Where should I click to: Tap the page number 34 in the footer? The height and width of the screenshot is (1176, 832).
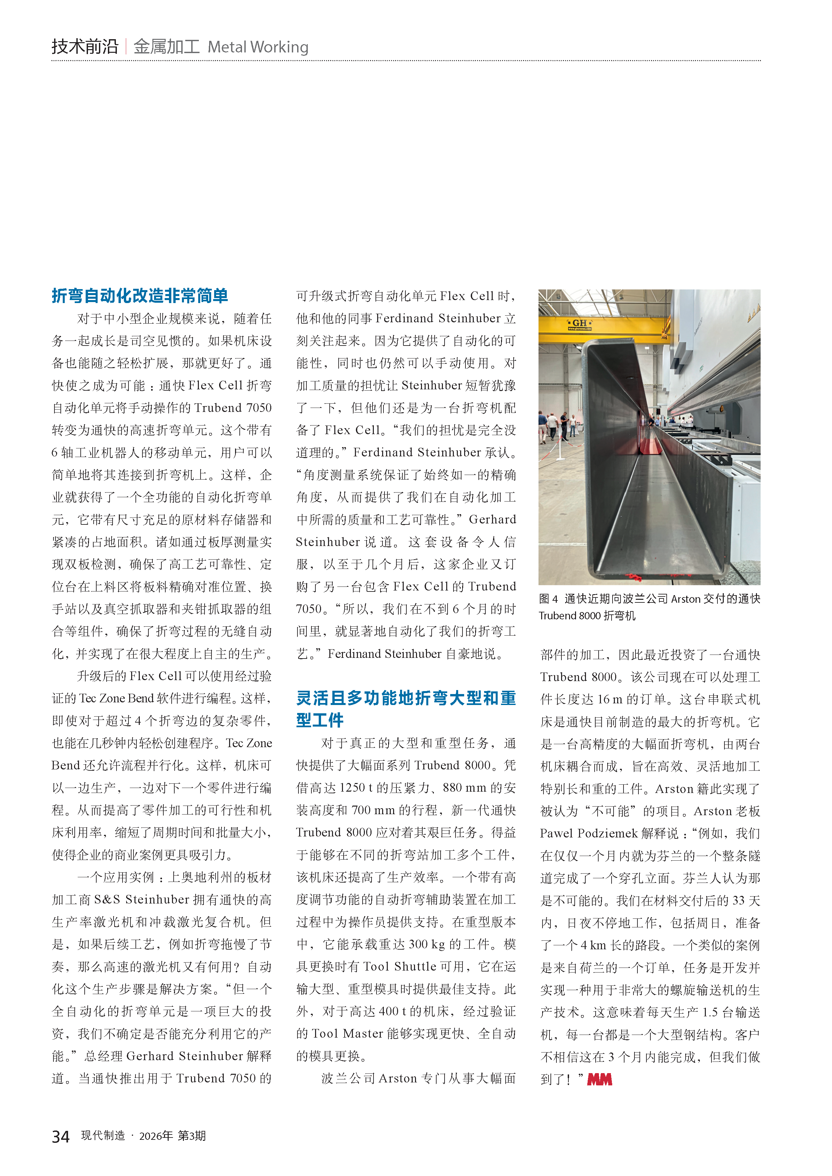pos(60,1137)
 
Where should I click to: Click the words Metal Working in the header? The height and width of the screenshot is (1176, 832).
pos(258,47)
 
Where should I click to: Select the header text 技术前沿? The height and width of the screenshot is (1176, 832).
pos(85,46)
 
